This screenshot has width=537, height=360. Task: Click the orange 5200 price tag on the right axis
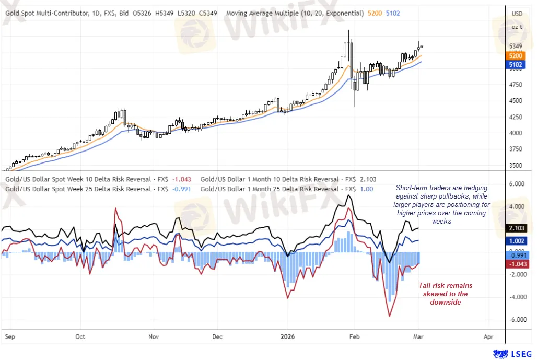(516, 56)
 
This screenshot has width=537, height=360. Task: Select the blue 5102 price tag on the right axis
(516, 65)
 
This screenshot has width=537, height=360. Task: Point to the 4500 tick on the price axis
(516, 100)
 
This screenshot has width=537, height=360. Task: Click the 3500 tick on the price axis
(516, 165)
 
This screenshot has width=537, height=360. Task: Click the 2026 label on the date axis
(287, 337)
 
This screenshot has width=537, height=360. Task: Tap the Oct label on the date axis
(80, 337)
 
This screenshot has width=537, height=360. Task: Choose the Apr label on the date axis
(488, 337)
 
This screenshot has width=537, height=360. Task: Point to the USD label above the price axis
(517, 13)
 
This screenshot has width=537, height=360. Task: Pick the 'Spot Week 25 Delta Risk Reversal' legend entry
(86, 189)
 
